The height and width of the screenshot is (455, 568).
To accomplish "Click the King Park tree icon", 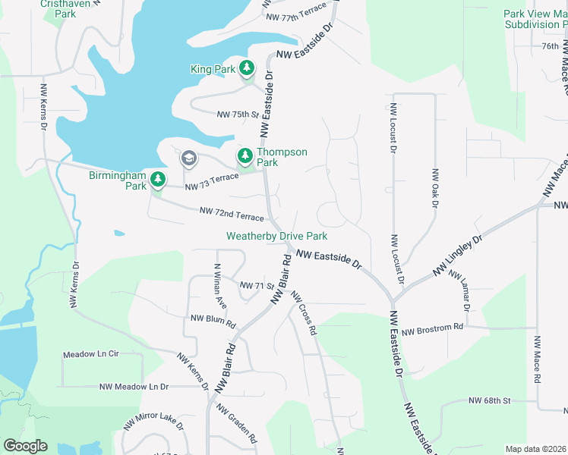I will (247, 69).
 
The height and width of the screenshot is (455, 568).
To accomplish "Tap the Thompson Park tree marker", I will (245, 157).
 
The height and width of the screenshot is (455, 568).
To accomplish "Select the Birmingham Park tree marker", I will (157, 180).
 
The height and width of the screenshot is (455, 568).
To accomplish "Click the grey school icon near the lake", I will (188, 158).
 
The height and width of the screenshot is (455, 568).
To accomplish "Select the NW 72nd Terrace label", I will (231, 214).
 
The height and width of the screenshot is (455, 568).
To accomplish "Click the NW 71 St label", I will (256, 285).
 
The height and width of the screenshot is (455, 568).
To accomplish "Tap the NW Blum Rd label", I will (213, 321).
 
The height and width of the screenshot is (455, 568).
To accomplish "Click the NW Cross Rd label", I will (302, 314).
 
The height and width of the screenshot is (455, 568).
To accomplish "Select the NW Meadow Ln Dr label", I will (134, 387).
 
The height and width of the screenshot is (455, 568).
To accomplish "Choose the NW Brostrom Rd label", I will (432, 328).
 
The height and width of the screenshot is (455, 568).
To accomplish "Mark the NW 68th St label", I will (490, 400).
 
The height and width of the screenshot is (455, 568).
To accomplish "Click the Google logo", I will (26, 446).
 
